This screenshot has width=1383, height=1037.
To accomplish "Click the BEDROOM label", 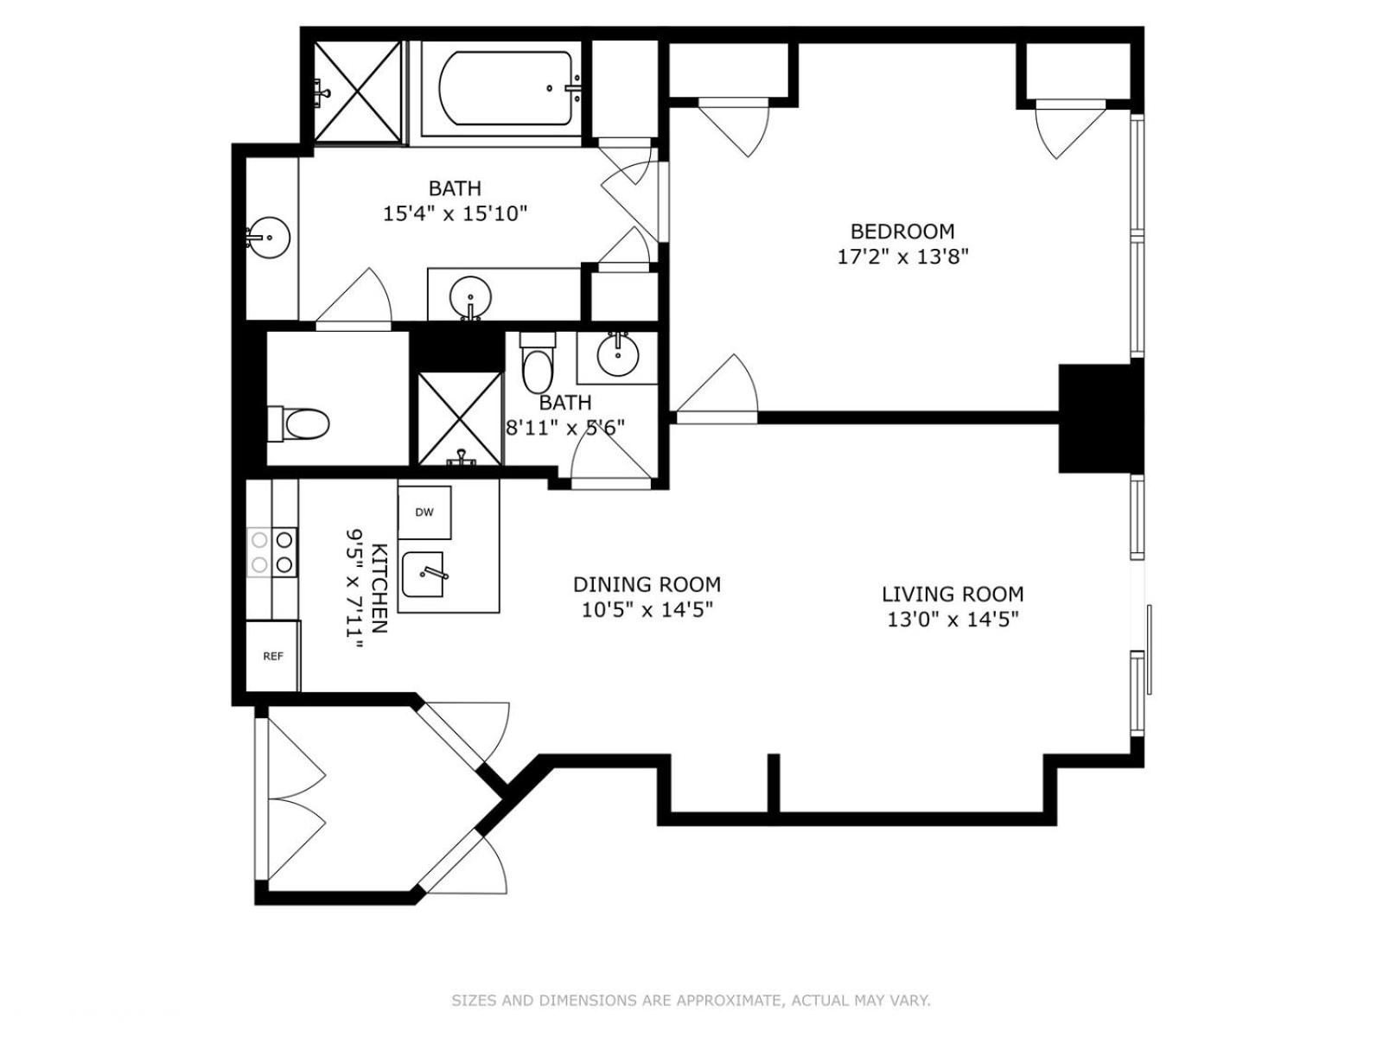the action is tap(902, 232).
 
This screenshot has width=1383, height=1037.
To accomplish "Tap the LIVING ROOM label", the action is tap(953, 595).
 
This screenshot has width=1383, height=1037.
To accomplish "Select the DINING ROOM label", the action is tap(647, 585).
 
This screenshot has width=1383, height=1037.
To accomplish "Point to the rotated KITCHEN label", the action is tap(379, 588).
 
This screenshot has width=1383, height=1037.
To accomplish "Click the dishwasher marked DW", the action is tap(424, 512).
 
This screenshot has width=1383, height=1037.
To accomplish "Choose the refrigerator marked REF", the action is tap(272, 656).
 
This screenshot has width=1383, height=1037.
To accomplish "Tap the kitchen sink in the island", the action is tap(424, 574).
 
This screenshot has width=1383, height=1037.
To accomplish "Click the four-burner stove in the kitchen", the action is tap(272, 551).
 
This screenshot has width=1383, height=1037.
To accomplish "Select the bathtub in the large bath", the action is tap(506, 89).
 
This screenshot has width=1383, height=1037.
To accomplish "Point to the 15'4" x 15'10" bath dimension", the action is tap(455, 214).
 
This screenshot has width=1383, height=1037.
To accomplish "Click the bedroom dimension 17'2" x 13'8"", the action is tap(902, 257).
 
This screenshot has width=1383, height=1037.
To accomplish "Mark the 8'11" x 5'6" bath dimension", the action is tap(565, 428).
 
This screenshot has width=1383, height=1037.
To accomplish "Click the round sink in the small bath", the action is tap(617, 356).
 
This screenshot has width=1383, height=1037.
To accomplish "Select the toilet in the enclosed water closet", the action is tap(299, 423).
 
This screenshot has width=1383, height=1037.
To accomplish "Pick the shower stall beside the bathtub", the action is tap(357, 92).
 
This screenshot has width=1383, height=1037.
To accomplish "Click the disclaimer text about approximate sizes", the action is tap(691, 1001).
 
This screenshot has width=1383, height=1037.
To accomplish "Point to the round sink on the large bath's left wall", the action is tap(270, 238).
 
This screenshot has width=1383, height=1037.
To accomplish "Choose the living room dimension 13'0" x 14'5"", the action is tap(953, 620).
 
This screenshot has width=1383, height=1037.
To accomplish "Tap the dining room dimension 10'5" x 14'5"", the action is tap(647, 610).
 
